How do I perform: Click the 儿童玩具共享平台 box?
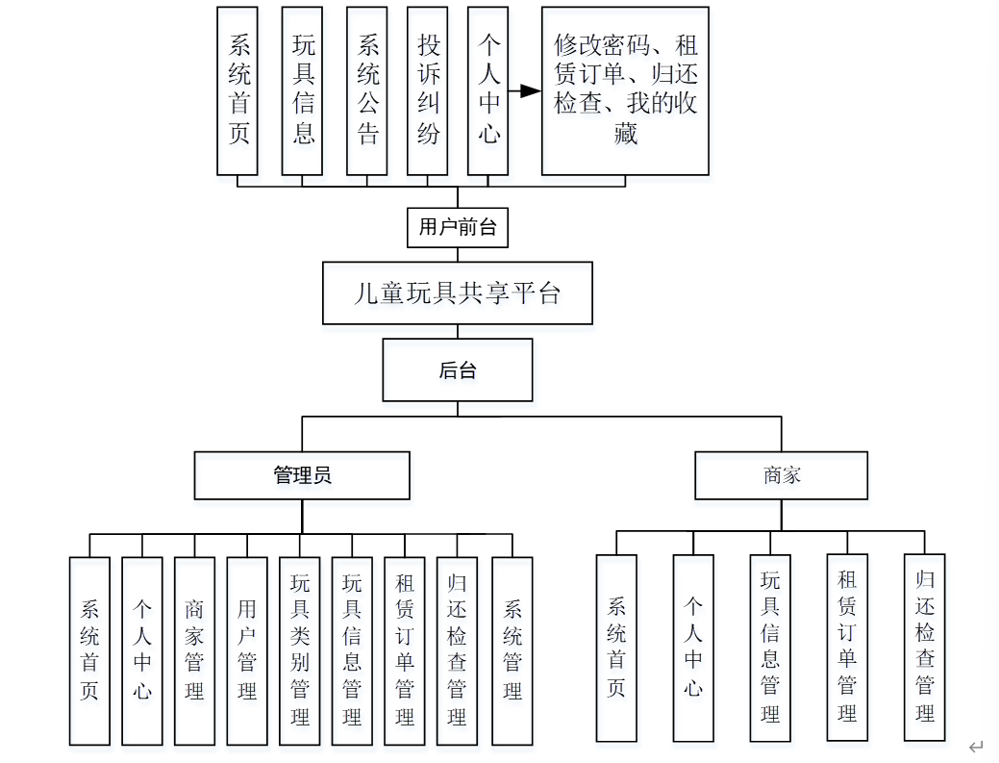(x=457, y=292)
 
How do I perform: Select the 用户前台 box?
(x=458, y=227)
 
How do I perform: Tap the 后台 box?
(x=457, y=370)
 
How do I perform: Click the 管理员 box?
(x=302, y=475)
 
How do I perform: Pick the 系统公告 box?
(x=367, y=90)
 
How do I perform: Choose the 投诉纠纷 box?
(x=428, y=90)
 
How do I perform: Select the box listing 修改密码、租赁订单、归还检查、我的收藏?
(x=625, y=90)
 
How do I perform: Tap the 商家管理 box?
(x=194, y=650)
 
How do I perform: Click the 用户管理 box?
(x=247, y=650)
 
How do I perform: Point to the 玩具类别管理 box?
(x=299, y=650)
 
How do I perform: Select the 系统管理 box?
(x=512, y=650)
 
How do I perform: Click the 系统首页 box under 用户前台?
(x=237, y=90)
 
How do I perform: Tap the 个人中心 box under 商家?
(x=693, y=648)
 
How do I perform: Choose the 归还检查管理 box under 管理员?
(x=457, y=650)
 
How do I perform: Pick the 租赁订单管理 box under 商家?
(x=847, y=646)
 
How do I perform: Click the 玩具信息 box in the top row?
(x=303, y=90)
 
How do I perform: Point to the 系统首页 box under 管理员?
(x=89, y=650)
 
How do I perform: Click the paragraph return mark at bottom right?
(x=976, y=747)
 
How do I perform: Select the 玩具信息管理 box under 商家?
(x=770, y=648)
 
